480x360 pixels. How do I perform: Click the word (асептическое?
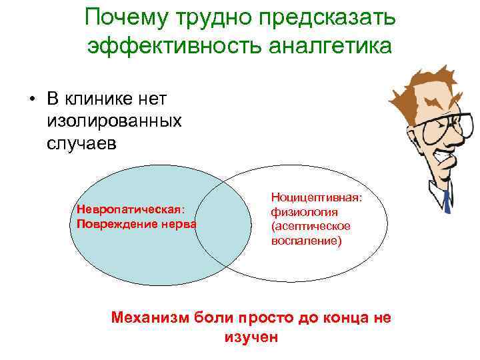(x=311, y=227)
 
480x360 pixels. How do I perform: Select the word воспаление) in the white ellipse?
(x=306, y=241)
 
